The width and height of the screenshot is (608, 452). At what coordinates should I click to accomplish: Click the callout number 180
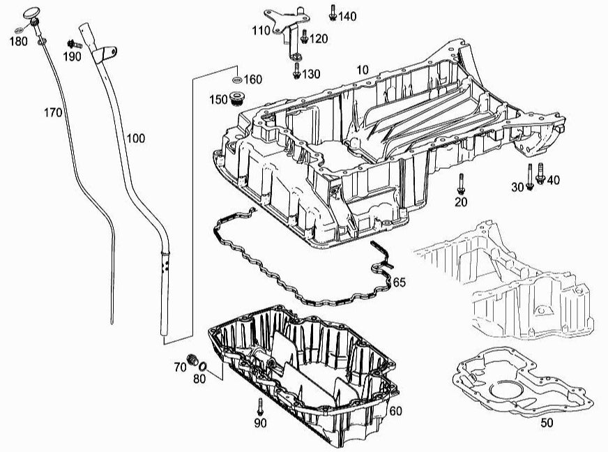coord(18,40)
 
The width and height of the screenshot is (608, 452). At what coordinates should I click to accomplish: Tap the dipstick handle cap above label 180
coord(32,15)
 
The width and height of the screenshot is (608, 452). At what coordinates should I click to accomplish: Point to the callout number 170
coord(54,112)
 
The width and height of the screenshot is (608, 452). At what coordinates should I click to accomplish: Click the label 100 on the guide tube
coord(136,138)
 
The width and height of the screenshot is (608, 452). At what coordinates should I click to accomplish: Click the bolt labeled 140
coord(333,12)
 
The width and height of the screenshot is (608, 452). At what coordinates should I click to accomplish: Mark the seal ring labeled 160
coord(237,79)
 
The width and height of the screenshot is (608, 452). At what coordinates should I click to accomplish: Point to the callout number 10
coord(362,70)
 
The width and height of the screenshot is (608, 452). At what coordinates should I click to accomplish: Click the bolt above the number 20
coord(461,183)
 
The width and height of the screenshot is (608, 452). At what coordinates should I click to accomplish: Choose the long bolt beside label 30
coord(531,174)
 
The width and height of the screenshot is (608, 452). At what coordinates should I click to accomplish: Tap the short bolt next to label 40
coord(541,179)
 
